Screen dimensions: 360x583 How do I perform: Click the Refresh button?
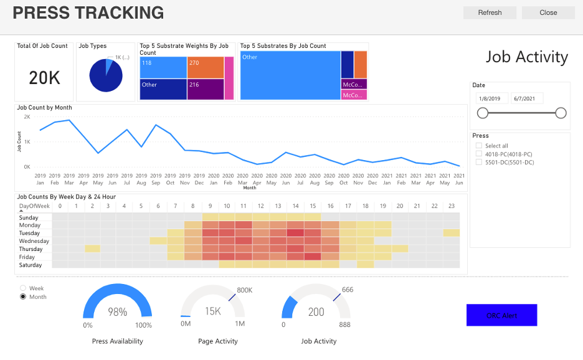[x=490, y=12]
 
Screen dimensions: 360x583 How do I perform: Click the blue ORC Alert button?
[x=501, y=315]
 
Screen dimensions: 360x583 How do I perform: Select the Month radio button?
[x=24, y=297]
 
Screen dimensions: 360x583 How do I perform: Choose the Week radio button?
[x=24, y=288]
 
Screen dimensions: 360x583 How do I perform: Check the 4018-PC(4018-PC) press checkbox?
[x=478, y=154]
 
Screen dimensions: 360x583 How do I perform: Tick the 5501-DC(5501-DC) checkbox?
[x=478, y=163]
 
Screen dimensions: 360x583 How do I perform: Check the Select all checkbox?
[x=478, y=146]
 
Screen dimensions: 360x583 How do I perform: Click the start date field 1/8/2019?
[x=491, y=98]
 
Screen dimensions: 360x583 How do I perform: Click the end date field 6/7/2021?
[x=527, y=98]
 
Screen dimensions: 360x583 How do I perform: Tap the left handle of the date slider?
[x=483, y=113]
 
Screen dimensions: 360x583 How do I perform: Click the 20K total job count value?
[x=44, y=78]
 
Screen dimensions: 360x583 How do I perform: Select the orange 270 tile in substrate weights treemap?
[x=205, y=67]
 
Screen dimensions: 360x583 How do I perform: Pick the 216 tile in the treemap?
[x=205, y=89]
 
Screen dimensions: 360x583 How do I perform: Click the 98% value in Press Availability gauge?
[x=117, y=312]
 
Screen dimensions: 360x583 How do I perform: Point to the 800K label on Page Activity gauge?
[x=245, y=290]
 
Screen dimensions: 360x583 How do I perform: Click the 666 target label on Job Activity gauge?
[x=348, y=290]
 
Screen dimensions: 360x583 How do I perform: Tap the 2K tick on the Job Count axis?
[x=27, y=117]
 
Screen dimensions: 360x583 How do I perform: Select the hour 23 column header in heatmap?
[x=451, y=206]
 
